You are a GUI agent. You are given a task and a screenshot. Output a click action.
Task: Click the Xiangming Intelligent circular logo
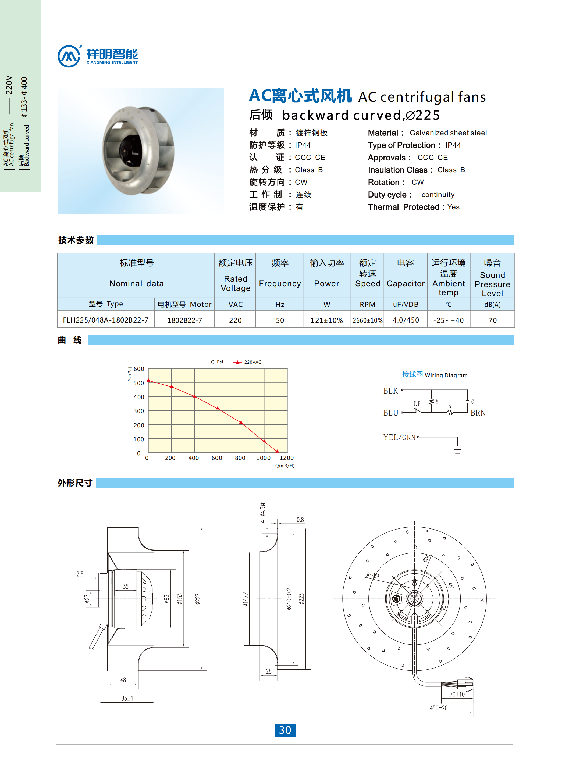[x=69, y=56]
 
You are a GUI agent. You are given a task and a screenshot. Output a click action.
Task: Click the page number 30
[x=285, y=730]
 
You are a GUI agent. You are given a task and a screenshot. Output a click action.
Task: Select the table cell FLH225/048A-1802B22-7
[x=105, y=320]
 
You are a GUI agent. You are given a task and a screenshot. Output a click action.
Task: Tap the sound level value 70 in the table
[x=492, y=320]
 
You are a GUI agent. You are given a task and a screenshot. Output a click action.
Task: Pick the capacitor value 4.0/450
[x=406, y=320]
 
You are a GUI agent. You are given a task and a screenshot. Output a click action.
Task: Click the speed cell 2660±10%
[x=367, y=320]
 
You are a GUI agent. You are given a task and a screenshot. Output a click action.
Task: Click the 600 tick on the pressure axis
[x=139, y=369]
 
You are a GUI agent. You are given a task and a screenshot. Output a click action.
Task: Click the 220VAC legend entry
[x=252, y=362]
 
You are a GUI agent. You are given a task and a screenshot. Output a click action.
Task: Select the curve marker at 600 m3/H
[x=218, y=408]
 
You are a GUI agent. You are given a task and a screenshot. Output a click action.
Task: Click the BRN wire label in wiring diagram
[x=478, y=413]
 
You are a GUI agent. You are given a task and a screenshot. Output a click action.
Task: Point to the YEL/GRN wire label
[x=399, y=437]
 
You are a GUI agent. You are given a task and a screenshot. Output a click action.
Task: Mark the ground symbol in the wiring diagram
[x=457, y=449]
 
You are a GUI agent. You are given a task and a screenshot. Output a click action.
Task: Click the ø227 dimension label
[x=198, y=599]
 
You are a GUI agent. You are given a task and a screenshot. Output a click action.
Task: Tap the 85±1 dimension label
[x=127, y=698]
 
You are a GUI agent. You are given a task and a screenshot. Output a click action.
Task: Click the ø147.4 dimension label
[x=245, y=599]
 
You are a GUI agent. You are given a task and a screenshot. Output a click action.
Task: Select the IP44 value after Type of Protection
[x=453, y=145]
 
